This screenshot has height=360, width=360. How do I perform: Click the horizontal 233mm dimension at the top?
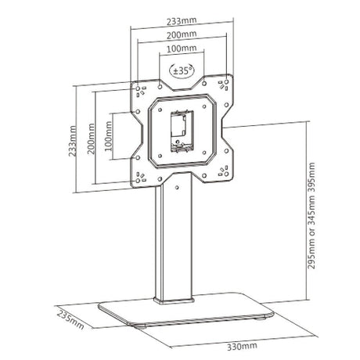pos(182,21)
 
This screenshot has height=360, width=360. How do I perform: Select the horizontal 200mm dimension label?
pos(182,34)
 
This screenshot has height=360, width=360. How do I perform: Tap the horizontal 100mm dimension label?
pos(182,49)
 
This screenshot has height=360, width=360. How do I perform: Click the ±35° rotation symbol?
pos(182,70)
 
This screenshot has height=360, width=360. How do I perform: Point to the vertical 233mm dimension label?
pos(73,141)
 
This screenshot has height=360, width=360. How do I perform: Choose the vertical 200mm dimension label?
pos(91,139)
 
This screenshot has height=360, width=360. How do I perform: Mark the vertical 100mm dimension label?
pos(108,136)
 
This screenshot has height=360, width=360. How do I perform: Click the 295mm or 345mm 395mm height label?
pos(311,215)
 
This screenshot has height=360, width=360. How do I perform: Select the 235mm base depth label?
pos(70,320)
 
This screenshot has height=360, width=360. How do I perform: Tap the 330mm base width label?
pos(242,346)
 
